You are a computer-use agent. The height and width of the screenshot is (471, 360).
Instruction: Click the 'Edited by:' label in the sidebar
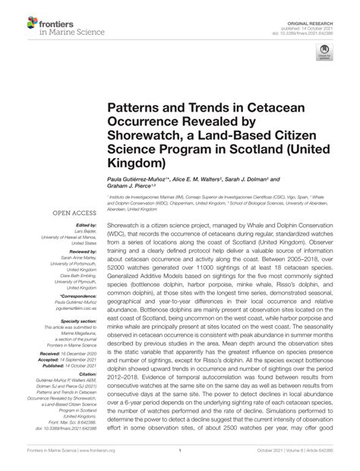86,226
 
